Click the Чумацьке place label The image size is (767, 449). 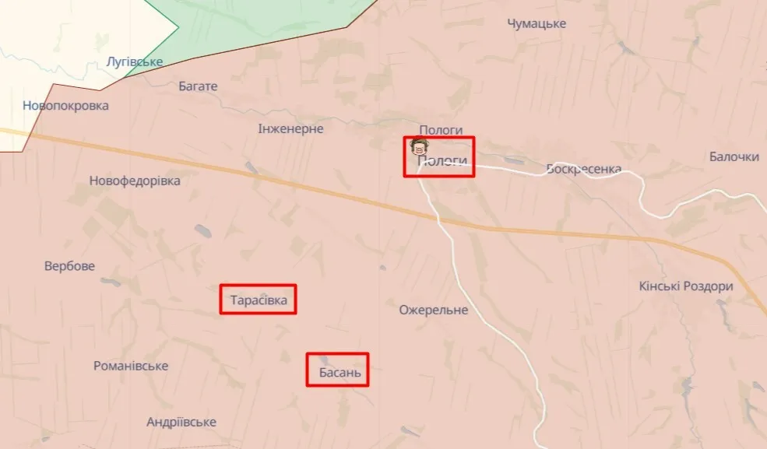click(537, 23)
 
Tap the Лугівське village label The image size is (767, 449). click(135, 61)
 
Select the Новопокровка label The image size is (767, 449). click(65, 106)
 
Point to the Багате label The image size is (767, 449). click(198, 86)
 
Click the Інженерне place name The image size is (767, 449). click(290, 128)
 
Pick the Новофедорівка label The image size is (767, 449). click(135, 181)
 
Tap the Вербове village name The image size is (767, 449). click(69, 266)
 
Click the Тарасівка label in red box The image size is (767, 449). click(258, 299)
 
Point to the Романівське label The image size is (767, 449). click(131, 366)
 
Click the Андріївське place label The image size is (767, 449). click(181, 422)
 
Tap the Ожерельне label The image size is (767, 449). click(434, 310)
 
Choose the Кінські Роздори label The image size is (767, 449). click(686, 286)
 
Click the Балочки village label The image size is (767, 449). click(734, 156)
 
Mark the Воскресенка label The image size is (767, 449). click(583, 169)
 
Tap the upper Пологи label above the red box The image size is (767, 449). click(441, 130)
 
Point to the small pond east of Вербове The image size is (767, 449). click(109, 280)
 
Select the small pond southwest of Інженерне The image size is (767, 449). click(249, 167)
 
